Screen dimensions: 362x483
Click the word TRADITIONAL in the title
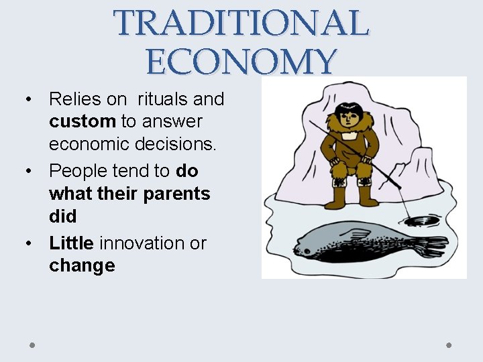click(241, 23)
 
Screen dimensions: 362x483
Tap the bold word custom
click(83, 122)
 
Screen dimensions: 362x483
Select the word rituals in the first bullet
click(163, 99)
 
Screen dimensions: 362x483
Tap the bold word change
click(82, 265)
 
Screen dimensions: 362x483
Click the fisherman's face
click(349, 119)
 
